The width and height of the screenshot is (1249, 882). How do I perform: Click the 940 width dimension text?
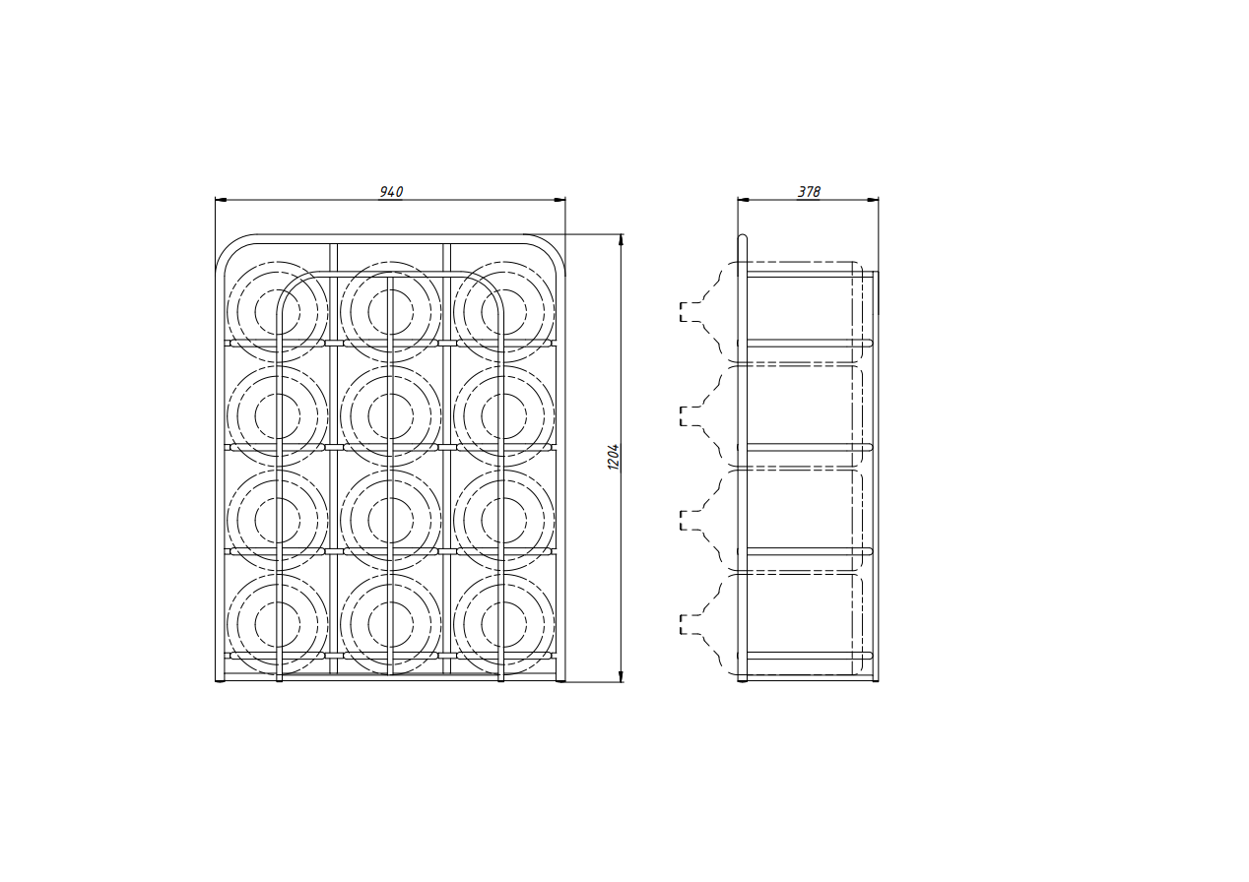391,192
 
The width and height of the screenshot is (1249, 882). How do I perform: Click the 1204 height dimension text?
614,457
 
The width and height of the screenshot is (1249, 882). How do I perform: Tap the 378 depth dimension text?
809,192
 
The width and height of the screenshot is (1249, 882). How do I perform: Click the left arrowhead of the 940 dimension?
221,200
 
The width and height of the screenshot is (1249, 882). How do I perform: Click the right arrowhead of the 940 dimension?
559,200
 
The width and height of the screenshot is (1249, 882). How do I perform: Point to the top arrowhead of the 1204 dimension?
622,240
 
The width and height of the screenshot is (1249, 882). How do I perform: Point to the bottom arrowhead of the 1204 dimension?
622,675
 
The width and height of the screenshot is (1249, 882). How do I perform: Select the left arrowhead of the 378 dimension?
744,200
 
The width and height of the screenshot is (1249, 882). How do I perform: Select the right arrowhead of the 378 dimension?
873,200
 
